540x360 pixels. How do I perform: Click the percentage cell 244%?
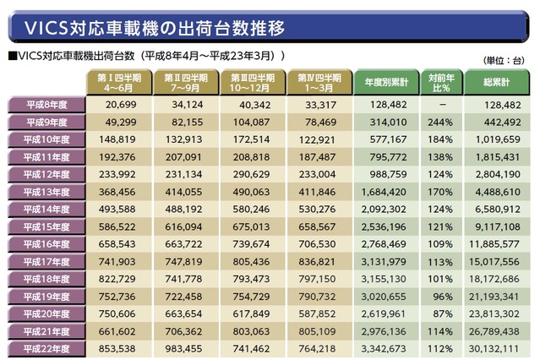[x=441, y=122]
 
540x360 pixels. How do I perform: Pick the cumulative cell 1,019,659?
[x=496, y=139]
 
